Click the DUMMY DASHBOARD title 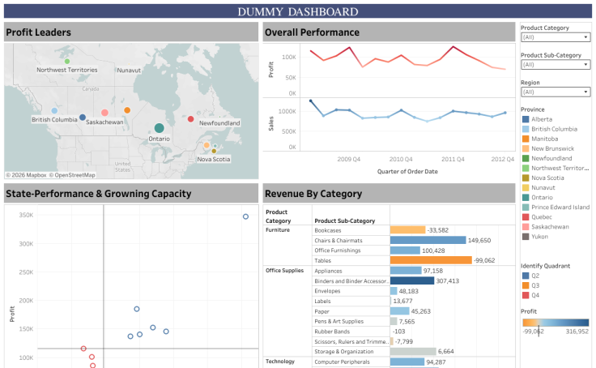(x=297, y=11)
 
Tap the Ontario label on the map (x=160, y=139)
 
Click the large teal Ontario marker (x=160, y=127)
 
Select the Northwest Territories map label (x=66, y=71)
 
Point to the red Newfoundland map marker (x=191, y=119)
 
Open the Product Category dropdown (x=555, y=37)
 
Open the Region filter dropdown (x=555, y=92)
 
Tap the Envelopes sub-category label (x=329, y=291)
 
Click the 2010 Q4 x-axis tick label (x=402, y=160)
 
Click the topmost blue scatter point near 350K (x=245, y=216)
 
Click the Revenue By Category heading (x=313, y=194)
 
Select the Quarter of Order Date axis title (x=409, y=171)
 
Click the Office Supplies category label (x=284, y=271)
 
